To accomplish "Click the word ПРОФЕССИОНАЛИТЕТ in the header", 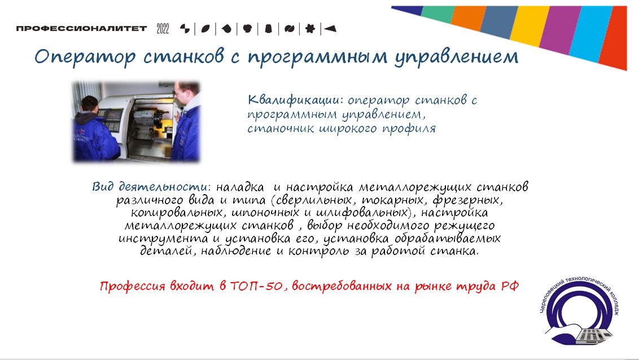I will click(82, 28).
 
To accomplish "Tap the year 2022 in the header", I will click(163, 28).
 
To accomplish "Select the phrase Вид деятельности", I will click(150, 187).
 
